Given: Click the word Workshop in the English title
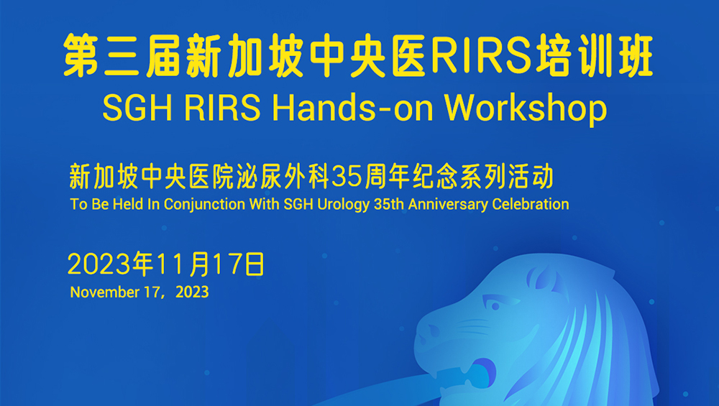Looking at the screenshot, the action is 526,109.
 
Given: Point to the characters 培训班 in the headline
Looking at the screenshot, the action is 595,55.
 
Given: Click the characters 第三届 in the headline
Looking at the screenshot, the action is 122,55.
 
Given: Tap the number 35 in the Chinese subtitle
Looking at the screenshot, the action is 347,177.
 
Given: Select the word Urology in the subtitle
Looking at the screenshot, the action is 343,204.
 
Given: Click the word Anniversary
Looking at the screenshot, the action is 448,204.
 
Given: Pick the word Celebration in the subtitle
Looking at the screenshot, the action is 531,204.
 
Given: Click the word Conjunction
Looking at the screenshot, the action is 204,204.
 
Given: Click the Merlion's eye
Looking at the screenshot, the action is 494,304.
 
